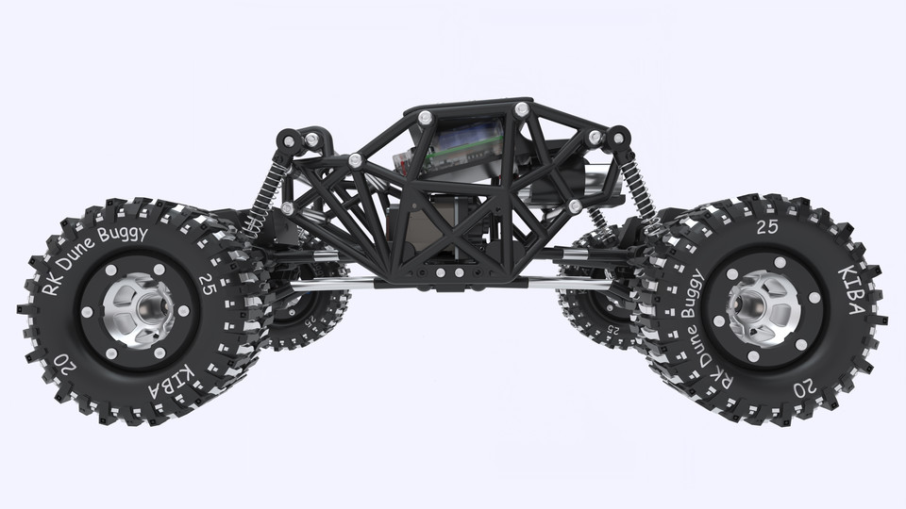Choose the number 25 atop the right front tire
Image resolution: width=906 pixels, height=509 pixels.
click(767, 227)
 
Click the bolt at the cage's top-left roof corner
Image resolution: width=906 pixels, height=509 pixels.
click(425, 117)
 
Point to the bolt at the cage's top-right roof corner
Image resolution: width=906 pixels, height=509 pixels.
click(520, 109)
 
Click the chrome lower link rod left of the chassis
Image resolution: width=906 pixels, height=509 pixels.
click(330, 283)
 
